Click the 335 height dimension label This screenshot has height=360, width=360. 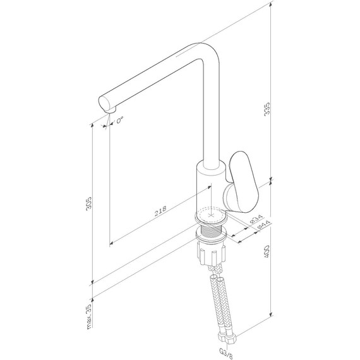coord(267,109)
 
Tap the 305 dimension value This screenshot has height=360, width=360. coord(88,203)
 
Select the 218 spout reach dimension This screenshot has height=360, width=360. coord(160,211)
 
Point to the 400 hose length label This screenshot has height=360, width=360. coord(267,251)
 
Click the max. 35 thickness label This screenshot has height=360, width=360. coord(89,316)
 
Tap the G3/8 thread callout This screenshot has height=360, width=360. coord(226,354)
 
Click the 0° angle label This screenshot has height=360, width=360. coord(120,120)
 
